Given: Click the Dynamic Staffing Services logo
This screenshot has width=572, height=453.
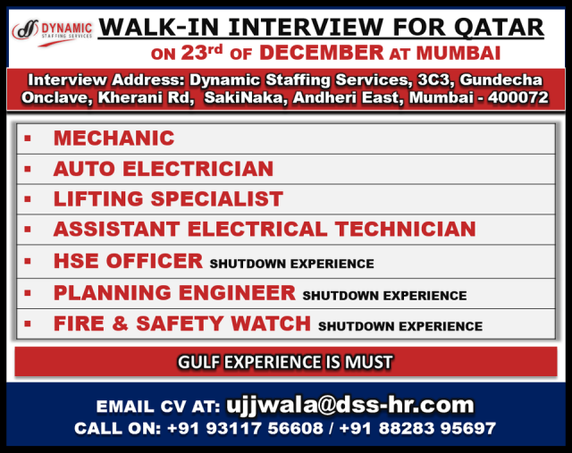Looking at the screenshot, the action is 52,33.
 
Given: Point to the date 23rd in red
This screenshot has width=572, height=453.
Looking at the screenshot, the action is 202,53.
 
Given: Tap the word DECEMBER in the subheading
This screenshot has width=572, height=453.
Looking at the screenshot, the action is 322,53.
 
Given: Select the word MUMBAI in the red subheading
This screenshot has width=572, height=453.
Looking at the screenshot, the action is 458,54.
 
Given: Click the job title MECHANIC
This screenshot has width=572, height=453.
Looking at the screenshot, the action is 114,138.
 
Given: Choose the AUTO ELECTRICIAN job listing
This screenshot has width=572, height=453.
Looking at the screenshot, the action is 164,169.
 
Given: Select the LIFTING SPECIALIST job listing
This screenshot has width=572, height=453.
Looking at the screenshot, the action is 168,199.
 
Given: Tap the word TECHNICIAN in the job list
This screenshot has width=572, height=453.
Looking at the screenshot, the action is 405,229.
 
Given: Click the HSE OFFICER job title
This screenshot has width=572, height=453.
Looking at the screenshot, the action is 128,261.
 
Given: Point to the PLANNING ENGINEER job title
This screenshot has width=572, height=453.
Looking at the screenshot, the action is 174,293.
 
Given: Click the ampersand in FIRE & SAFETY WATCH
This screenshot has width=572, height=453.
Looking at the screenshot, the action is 120,323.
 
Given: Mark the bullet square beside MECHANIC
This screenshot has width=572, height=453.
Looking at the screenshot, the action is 28,138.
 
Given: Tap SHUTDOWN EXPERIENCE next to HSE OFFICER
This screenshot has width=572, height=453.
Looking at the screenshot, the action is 292,264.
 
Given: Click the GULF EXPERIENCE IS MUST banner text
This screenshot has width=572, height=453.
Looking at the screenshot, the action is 285,362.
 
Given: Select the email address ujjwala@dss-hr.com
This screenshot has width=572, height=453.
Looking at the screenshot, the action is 349,405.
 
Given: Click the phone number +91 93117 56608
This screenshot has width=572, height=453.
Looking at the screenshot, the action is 245,428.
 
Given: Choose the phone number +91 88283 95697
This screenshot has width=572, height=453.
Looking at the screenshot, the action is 417,428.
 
